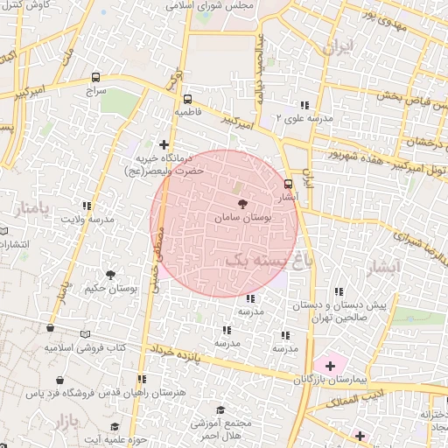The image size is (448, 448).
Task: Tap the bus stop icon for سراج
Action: click(x=94, y=77)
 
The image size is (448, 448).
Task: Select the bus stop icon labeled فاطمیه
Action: click(x=187, y=99)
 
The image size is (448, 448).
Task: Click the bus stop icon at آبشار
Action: click(x=289, y=184)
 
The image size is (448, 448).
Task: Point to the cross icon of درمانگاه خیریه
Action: click(x=164, y=144)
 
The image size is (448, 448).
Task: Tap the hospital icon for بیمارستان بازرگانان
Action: click(x=331, y=365)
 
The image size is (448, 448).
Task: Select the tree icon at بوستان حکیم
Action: click(x=110, y=275)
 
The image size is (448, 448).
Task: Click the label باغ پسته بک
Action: click(x=262, y=261)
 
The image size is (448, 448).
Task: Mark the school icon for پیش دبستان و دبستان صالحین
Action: click(x=339, y=293)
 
